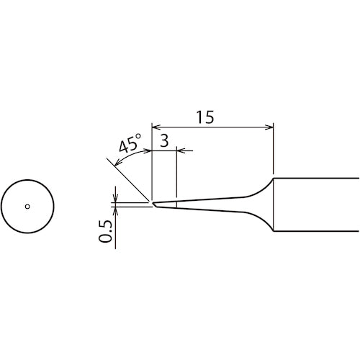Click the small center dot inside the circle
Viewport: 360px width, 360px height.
click(x=27, y=207)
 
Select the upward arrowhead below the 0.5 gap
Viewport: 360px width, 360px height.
click(x=115, y=210)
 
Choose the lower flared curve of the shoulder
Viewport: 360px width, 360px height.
click(x=264, y=222)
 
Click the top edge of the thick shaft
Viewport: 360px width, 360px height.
click(x=317, y=179)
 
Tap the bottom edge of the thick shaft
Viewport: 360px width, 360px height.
click(x=317, y=232)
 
